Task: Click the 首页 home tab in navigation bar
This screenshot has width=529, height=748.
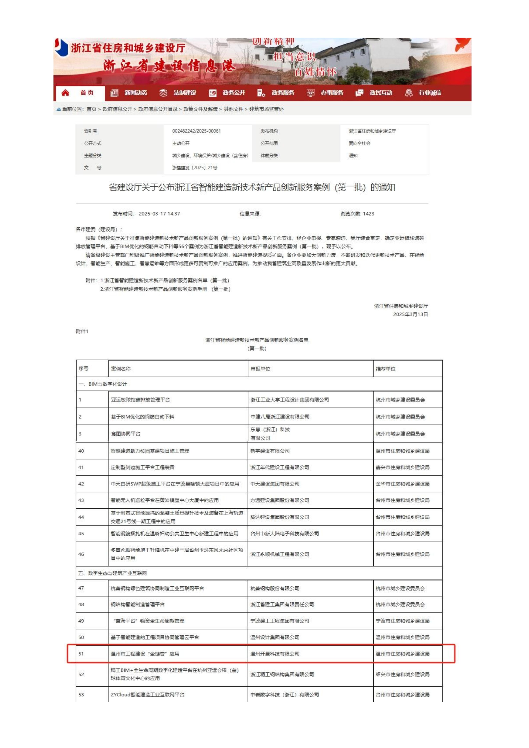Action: pos(87,93)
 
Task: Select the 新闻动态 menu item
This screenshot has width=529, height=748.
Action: pos(135,93)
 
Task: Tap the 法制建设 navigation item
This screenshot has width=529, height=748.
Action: pos(185,93)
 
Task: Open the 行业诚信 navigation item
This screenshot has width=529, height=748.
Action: pos(430,93)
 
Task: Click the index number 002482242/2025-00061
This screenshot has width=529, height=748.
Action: pos(196,131)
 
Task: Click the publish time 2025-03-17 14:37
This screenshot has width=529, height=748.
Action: pos(159,214)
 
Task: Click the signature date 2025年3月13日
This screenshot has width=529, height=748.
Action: pos(410,314)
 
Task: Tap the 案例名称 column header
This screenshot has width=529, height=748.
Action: pos(121,369)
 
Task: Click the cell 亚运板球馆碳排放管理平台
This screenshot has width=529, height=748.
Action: pos(140,400)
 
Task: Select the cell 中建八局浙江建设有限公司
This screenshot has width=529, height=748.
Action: pos(280,417)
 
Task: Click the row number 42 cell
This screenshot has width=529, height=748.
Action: pos(81,484)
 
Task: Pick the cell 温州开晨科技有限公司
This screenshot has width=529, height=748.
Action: pos(275,654)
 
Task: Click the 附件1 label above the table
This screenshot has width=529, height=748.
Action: pos(82,331)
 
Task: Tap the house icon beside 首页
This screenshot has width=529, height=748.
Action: pos(65,93)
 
